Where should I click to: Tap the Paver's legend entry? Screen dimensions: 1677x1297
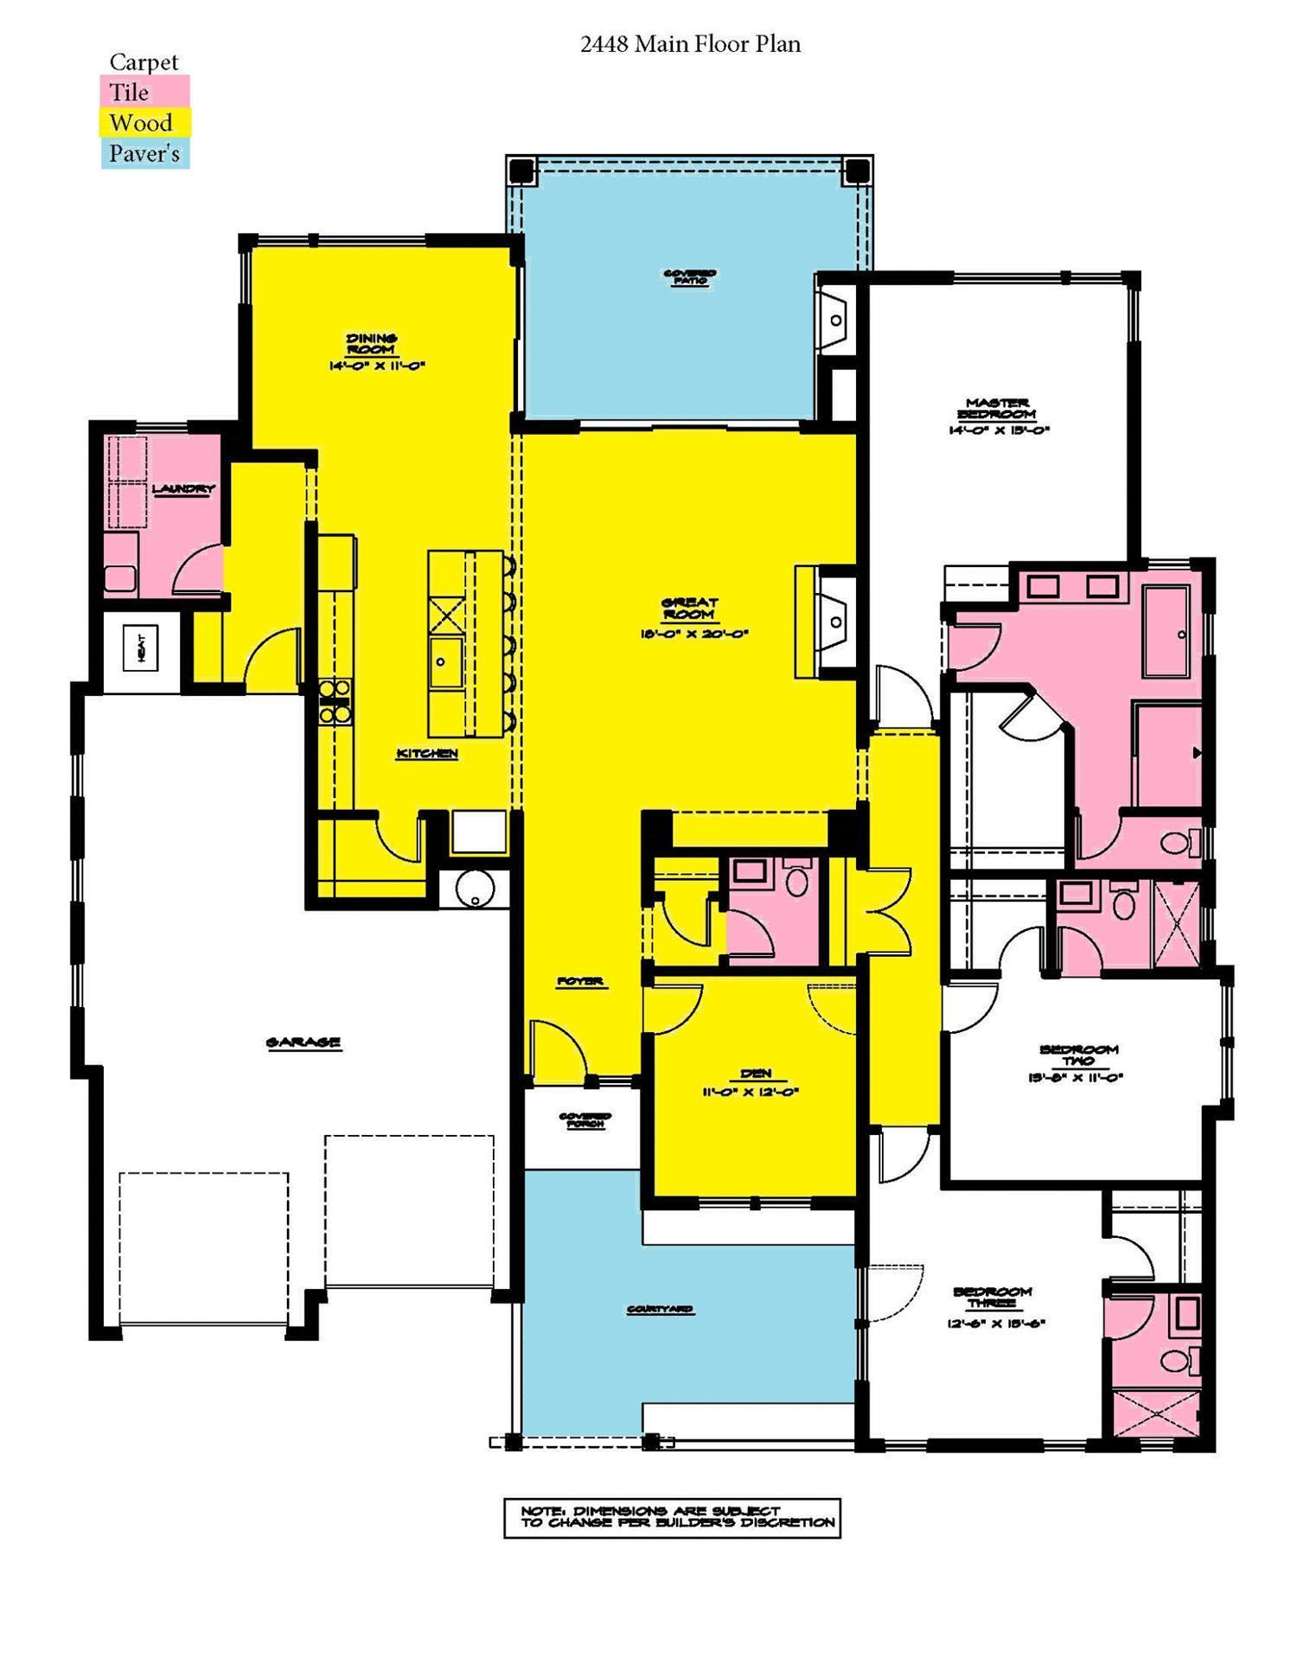click(x=144, y=154)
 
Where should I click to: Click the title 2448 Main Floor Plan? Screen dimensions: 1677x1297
click(x=690, y=44)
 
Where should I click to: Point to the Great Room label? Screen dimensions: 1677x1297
click(x=689, y=609)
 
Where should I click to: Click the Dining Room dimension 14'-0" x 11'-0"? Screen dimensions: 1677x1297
click(x=376, y=366)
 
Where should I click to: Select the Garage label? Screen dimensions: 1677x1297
click(x=303, y=1043)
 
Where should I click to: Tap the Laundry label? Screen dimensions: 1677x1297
click(x=183, y=489)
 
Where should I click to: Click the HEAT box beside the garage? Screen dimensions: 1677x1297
click(x=141, y=647)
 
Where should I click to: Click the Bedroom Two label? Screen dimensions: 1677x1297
click(x=1078, y=1055)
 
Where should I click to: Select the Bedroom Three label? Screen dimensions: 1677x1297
click(x=993, y=1297)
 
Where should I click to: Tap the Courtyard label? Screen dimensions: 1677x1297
click(x=660, y=1310)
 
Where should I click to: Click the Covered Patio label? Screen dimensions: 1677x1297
click(x=689, y=277)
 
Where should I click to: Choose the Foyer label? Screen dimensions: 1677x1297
click(x=580, y=981)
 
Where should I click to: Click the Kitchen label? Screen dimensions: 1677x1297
click(x=426, y=754)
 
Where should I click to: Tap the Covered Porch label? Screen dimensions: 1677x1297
click(x=585, y=1120)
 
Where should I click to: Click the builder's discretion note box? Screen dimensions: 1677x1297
click(x=672, y=1518)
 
